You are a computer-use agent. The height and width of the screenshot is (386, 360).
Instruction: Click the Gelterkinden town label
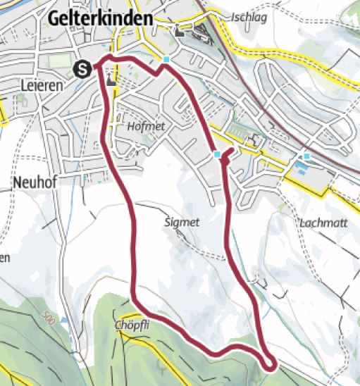click(101, 19)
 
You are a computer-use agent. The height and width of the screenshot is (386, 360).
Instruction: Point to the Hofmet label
click(147, 126)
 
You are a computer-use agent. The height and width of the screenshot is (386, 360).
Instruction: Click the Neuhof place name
click(33, 181)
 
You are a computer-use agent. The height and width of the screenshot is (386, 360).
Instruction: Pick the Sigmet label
click(182, 222)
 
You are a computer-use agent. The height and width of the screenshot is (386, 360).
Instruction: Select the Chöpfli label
click(132, 325)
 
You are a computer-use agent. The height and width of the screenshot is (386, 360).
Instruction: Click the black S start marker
click(82, 68)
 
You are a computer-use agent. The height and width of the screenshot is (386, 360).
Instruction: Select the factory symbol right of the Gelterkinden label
click(182, 32)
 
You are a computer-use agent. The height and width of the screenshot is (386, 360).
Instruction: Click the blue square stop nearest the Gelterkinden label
click(166, 60)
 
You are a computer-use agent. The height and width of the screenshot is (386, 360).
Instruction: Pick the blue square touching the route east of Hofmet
click(217, 154)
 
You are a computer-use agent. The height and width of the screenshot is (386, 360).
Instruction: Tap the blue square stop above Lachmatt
click(306, 155)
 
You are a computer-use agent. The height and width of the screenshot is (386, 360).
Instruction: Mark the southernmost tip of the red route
click(270, 363)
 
